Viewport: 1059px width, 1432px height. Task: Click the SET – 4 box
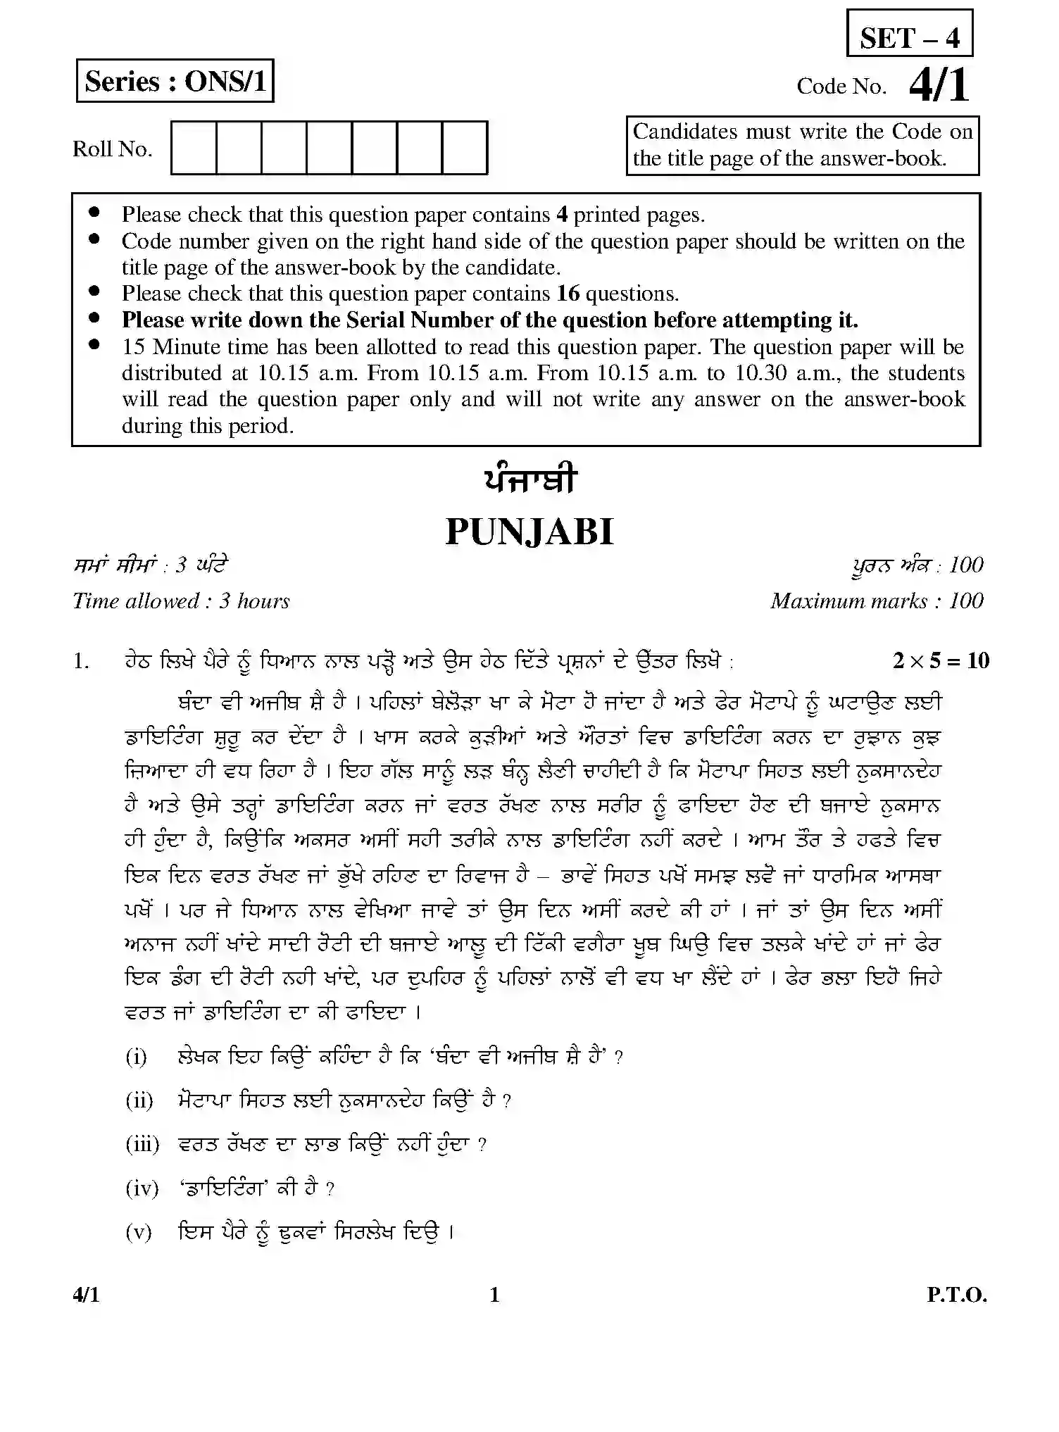click(x=909, y=34)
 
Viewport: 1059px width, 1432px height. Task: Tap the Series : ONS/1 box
click(x=175, y=81)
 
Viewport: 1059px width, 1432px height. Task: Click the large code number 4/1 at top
click(x=939, y=86)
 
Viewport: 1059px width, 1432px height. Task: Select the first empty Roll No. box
click(x=194, y=147)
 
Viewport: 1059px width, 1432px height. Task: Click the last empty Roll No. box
click(x=465, y=147)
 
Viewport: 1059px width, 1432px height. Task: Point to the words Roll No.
click(x=112, y=149)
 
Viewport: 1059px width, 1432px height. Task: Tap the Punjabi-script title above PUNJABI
click(x=529, y=481)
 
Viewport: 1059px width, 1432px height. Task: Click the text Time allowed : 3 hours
click(x=181, y=601)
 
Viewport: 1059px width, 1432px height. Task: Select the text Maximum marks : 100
click(x=877, y=601)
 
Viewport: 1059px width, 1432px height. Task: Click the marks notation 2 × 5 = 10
click(x=941, y=660)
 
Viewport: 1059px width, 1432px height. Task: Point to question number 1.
click(x=81, y=661)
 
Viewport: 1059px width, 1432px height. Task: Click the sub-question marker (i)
click(x=136, y=1057)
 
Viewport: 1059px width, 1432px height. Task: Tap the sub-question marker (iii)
click(x=142, y=1144)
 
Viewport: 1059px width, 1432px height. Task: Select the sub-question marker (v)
click(x=139, y=1231)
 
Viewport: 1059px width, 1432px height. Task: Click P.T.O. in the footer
click(x=956, y=1295)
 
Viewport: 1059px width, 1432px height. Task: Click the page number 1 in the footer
click(x=494, y=1295)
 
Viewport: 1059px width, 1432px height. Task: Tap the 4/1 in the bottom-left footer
click(x=86, y=1295)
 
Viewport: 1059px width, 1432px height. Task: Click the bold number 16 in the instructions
click(x=568, y=294)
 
